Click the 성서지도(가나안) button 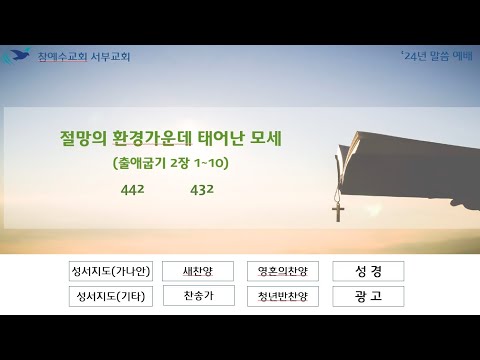click(x=111, y=271)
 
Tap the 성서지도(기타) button click(x=111, y=296)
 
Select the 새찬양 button click(x=198, y=271)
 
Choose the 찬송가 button click(x=199, y=296)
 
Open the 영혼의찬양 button click(x=283, y=271)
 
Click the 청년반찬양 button click(x=283, y=296)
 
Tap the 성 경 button click(x=368, y=271)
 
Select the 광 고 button click(x=368, y=296)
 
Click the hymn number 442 click(x=133, y=190)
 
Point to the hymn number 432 click(x=202, y=190)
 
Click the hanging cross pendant click(x=338, y=212)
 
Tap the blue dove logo click(x=16, y=55)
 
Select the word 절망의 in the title click(x=83, y=138)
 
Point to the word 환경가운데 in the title click(x=152, y=138)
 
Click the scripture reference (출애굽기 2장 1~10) click(x=171, y=163)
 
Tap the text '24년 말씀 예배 click(x=437, y=56)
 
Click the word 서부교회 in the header click(x=110, y=57)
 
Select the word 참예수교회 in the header click(x=63, y=57)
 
